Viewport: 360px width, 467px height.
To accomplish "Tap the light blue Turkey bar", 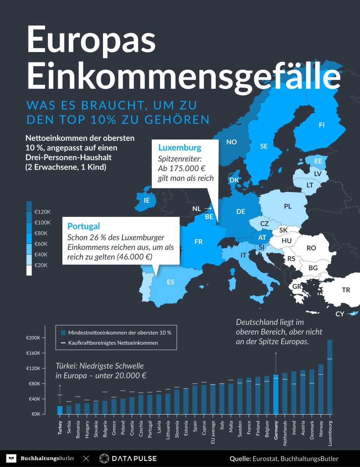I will [x=60, y=410].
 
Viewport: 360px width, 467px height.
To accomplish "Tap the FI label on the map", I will [x=322, y=125].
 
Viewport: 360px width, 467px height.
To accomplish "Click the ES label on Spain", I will [x=171, y=282].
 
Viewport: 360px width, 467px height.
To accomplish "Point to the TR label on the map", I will [x=346, y=290].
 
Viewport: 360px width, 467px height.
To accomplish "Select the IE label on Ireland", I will [x=147, y=200].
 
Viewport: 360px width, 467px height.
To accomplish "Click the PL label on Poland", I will [x=288, y=207].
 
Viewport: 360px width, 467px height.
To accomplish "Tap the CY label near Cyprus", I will [x=340, y=314].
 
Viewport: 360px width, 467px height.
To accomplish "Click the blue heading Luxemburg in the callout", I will [x=180, y=147].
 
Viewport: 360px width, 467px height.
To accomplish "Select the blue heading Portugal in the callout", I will [x=84, y=226].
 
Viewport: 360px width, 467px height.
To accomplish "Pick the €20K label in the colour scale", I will [x=41, y=265].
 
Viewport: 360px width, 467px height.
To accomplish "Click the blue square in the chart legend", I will [x=63, y=333].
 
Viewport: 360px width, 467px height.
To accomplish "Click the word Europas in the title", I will [x=91, y=41].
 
